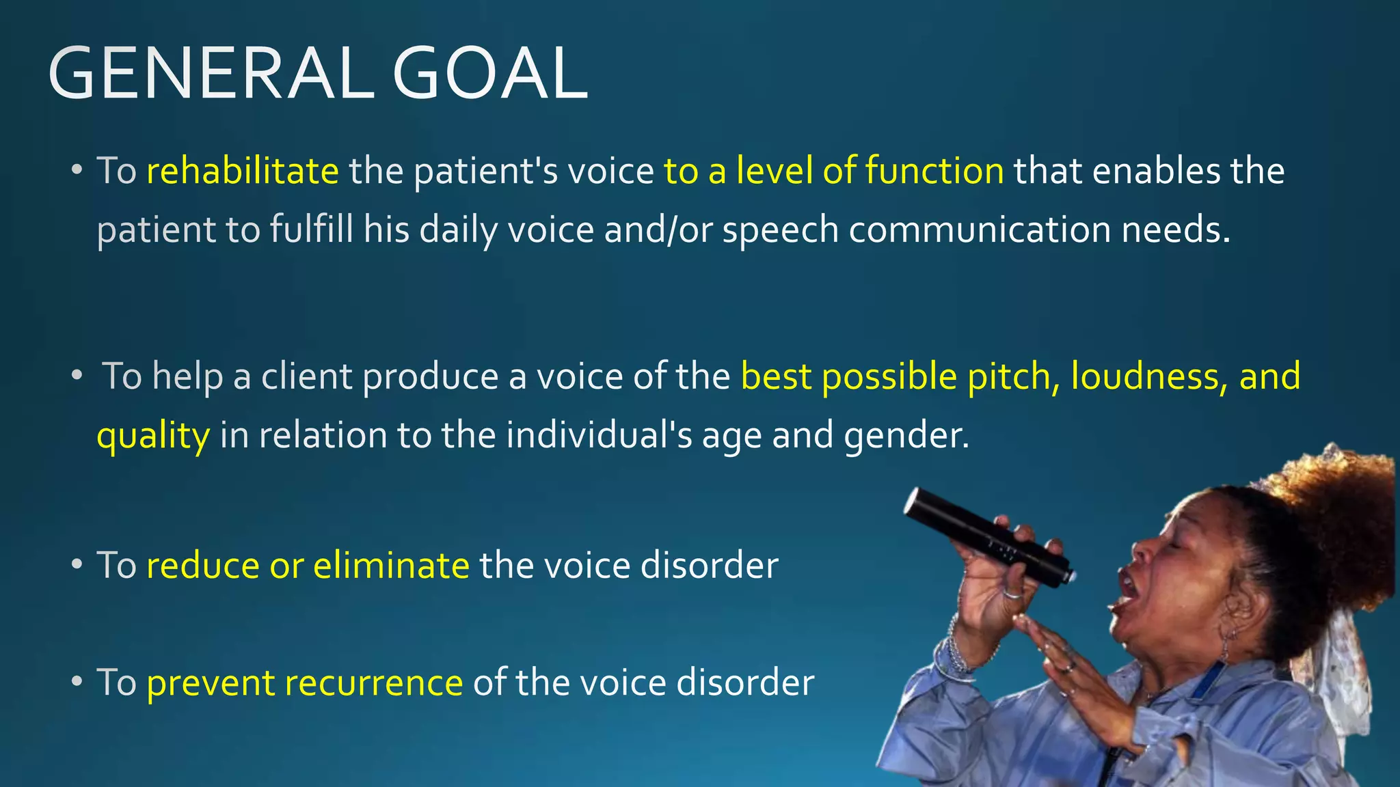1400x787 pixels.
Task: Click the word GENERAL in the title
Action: point(211,74)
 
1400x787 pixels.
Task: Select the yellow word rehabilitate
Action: point(242,171)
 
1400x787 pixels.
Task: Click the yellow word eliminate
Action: point(391,566)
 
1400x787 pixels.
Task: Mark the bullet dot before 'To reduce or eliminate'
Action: point(77,565)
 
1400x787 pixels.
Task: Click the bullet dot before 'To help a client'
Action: point(77,376)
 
